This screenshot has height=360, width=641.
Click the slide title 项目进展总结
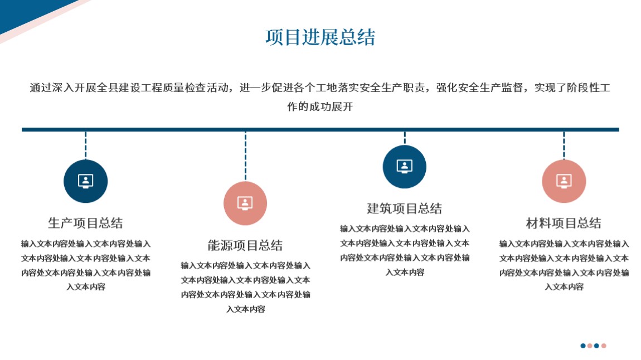click(320, 37)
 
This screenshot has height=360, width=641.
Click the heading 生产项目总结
click(85, 223)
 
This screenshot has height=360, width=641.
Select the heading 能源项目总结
click(245, 245)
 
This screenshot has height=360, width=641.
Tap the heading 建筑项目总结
click(404, 208)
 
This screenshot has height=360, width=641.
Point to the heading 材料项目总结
click(564, 223)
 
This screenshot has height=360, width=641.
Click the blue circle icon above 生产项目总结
click(85, 181)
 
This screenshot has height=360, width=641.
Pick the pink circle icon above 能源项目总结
click(245, 203)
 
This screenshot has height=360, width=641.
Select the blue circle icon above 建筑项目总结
click(404, 167)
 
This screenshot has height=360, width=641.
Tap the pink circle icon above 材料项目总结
click(564, 181)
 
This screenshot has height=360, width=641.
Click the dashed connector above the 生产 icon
click(85, 145)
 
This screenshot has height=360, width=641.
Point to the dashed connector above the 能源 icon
click(245, 156)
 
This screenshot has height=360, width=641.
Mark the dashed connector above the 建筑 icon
click(405, 138)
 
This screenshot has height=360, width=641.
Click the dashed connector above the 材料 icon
click(564, 145)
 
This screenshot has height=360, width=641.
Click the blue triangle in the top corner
click(25, 12)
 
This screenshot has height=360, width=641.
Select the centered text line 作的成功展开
click(320, 106)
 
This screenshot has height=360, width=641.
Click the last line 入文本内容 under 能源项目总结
click(246, 309)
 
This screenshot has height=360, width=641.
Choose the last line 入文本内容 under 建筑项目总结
click(405, 272)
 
